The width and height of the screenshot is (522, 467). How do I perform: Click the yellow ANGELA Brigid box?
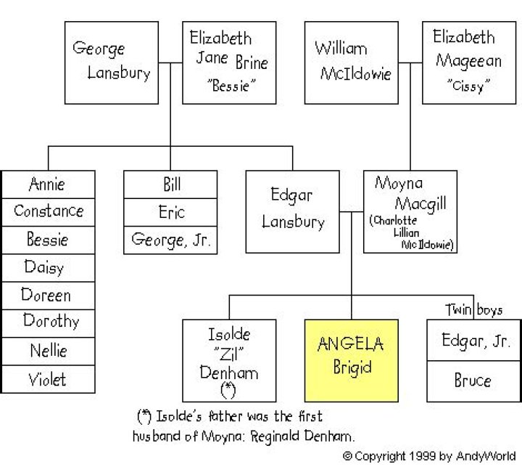click(x=351, y=360)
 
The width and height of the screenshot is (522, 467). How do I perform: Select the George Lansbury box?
click(x=112, y=62)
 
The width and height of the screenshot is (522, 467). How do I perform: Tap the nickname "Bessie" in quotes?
click(x=231, y=86)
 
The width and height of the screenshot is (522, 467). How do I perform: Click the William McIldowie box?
click(x=351, y=62)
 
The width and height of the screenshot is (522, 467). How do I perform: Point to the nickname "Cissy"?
click(x=468, y=86)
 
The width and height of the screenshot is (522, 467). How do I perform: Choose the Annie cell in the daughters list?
click(x=49, y=184)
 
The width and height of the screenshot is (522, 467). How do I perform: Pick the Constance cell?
click(x=49, y=212)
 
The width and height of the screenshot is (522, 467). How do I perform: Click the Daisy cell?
click(x=49, y=268)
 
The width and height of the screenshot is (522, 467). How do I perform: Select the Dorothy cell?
click(x=49, y=323)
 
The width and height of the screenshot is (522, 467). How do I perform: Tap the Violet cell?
click(x=49, y=379)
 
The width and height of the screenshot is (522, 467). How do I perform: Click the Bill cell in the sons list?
click(x=170, y=184)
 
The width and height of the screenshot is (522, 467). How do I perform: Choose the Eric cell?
click(x=170, y=212)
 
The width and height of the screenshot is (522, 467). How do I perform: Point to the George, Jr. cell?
click(x=170, y=240)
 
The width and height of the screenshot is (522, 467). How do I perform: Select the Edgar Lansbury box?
click(x=293, y=212)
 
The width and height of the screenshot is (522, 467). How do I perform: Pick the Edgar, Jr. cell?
click(x=473, y=340)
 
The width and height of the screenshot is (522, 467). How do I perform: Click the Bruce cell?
click(x=473, y=381)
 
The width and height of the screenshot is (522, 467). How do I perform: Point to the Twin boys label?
click(x=473, y=310)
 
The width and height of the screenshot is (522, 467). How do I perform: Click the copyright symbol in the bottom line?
click(x=347, y=455)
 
